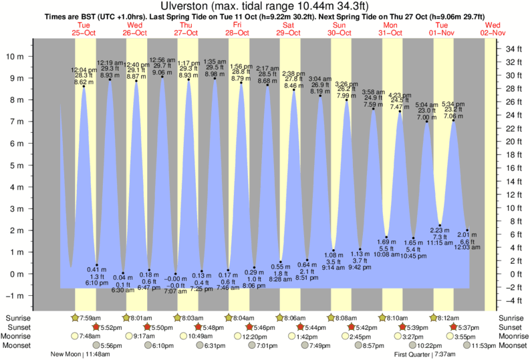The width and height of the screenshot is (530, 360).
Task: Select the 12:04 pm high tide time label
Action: coord(84,69)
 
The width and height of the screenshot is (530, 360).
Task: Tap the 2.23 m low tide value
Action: coord(440,230)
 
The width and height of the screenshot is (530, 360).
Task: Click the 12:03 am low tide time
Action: coord(467,247)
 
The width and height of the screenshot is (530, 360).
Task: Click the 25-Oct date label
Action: coord(84,32)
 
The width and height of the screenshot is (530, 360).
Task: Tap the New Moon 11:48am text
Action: coord(80,355)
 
